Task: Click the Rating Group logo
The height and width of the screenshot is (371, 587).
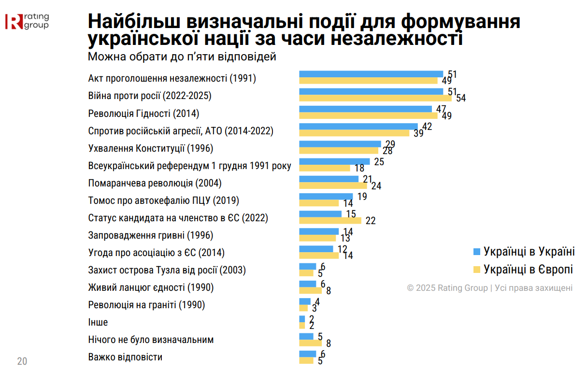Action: [27, 21]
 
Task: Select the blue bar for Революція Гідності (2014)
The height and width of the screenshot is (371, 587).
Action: [365, 109]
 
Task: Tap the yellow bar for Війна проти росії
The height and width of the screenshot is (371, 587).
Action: [375, 98]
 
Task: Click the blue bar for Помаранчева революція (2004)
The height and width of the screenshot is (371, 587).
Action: [329, 179]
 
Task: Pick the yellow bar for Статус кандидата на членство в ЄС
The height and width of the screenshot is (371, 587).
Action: [330, 221]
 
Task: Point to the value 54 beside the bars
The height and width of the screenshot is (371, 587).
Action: [461, 98]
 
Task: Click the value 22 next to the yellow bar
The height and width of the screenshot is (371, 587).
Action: [371, 221]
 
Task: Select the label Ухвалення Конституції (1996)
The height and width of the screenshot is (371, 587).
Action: [151, 148]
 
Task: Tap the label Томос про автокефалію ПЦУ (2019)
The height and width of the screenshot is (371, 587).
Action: [164, 200]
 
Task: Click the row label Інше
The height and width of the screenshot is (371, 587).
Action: [98, 322]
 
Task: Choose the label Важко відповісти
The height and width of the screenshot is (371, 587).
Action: [125, 357]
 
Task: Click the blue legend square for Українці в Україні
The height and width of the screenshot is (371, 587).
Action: [476, 252]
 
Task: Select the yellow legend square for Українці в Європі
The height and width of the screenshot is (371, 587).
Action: [476, 269]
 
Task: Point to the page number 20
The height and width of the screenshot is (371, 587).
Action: [22, 361]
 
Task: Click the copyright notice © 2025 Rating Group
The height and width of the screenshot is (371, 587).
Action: [489, 288]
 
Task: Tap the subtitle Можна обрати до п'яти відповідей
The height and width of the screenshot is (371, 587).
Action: [182, 57]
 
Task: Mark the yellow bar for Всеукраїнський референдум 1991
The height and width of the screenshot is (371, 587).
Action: [324, 168]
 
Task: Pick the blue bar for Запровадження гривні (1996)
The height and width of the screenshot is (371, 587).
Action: [319, 231]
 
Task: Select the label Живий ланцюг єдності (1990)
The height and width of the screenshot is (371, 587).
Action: [151, 287]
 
